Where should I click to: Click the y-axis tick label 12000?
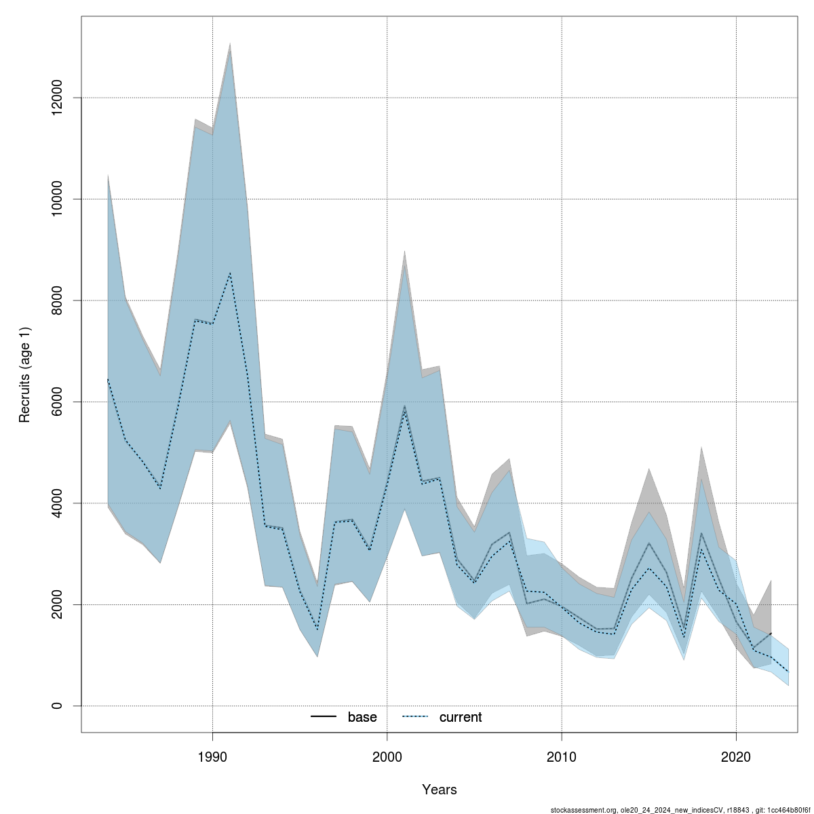click(x=58, y=98)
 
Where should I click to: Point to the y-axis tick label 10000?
click(x=58, y=199)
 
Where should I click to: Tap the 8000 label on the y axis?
click(x=58, y=301)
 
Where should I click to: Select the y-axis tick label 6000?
click(x=58, y=402)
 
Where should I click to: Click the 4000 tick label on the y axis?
click(x=58, y=503)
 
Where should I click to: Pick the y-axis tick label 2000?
click(x=58, y=604)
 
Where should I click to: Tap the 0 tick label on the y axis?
click(x=58, y=706)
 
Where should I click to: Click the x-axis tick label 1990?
click(x=213, y=756)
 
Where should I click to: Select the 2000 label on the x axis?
click(x=387, y=756)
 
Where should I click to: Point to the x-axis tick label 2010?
click(x=562, y=756)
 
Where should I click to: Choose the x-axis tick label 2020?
click(x=736, y=756)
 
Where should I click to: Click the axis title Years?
click(x=440, y=790)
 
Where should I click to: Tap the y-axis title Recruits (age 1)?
click(x=25, y=375)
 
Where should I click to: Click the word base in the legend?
click(x=362, y=717)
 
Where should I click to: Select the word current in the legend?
click(x=461, y=717)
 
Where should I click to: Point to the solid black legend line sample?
click(x=324, y=717)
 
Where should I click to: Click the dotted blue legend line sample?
click(x=415, y=717)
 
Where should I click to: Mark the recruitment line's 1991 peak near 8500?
click(x=231, y=273)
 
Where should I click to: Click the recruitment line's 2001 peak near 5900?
click(x=405, y=406)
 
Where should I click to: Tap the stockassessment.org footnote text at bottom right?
click(x=680, y=809)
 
